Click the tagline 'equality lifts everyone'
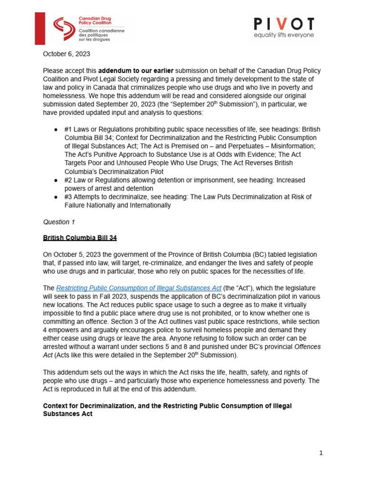coord(283,35)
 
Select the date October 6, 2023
coord(66,54)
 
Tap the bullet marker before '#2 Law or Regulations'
coord(56,180)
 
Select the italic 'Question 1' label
coord(59,222)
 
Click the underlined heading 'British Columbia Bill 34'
coord(80,238)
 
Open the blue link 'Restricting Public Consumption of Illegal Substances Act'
coord(139,288)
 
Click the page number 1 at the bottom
coord(321,453)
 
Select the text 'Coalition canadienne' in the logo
coord(101,30)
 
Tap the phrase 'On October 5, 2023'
coord(71,254)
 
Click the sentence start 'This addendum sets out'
coord(81,372)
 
